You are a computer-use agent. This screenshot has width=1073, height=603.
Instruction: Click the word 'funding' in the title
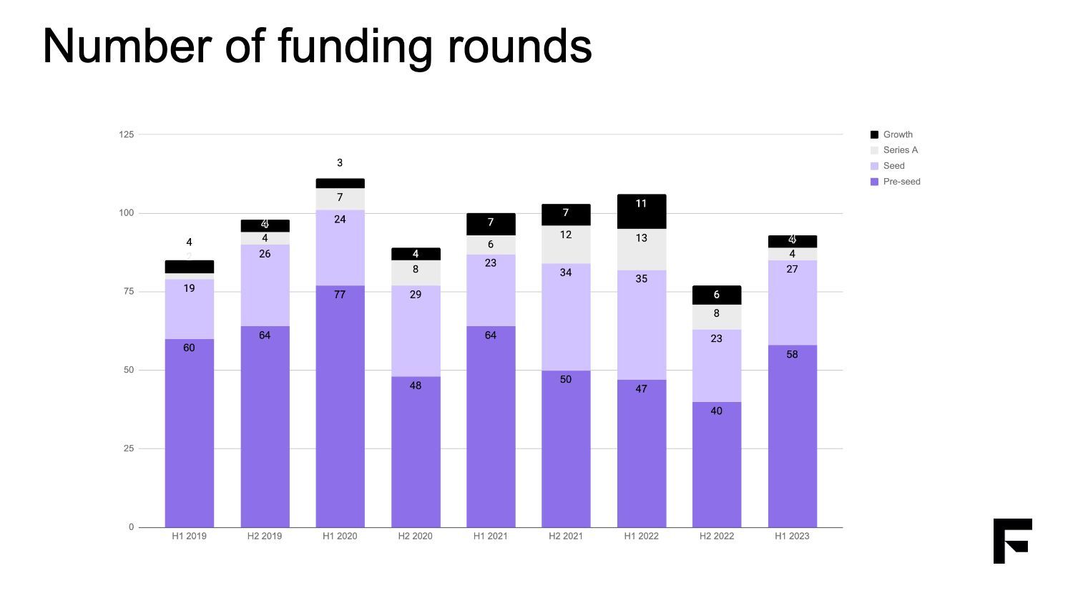(354, 46)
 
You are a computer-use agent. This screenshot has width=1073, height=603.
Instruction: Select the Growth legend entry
(897, 134)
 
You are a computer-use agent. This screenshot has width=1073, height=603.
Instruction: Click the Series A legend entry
(900, 150)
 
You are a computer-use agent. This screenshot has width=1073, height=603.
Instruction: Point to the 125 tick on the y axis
(127, 134)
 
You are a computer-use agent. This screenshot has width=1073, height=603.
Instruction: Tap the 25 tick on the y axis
(129, 448)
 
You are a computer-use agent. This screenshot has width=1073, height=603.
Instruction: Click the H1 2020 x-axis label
(340, 536)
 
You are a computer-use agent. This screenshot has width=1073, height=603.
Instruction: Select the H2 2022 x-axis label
(717, 536)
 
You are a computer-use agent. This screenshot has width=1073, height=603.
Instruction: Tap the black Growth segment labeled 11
(642, 212)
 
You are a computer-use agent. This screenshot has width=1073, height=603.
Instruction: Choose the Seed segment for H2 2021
(566, 317)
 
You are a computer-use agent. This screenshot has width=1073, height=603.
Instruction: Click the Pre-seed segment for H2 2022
(717, 464)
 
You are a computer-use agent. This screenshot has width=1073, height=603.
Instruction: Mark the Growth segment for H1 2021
(491, 224)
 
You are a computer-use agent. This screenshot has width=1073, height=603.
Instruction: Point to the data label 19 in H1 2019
(189, 288)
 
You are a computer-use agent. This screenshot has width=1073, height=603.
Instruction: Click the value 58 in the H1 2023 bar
(792, 354)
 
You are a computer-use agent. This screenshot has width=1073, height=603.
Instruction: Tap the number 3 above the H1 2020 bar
(340, 163)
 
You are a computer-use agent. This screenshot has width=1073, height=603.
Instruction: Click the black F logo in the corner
(1012, 541)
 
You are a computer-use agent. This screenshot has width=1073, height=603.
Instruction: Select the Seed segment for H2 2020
(416, 330)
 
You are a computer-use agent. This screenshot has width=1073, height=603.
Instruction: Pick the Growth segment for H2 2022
(717, 295)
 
